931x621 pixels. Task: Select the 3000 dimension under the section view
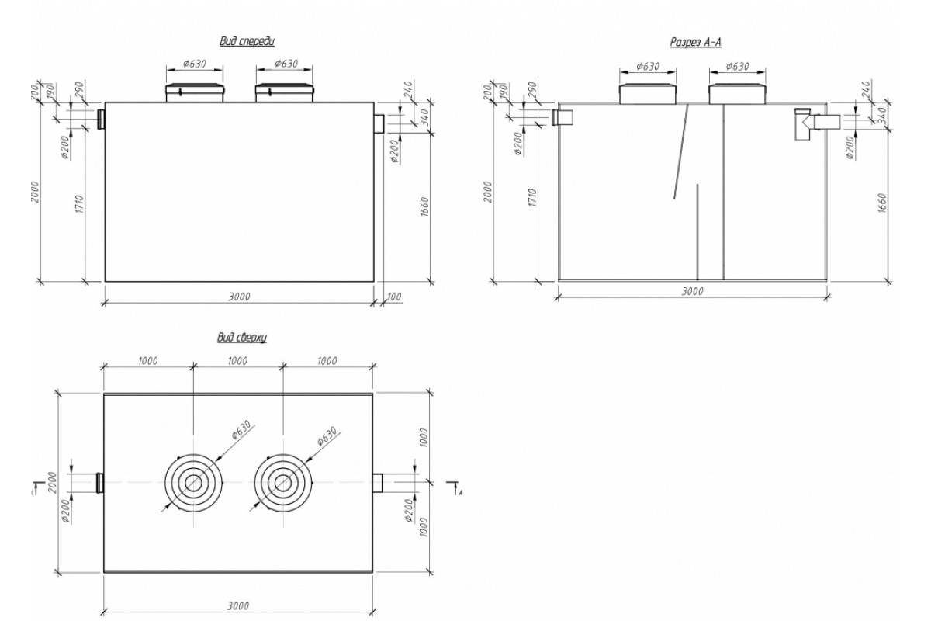tap(692, 290)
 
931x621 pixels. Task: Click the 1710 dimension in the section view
tap(531, 203)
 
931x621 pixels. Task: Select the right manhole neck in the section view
tap(737, 93)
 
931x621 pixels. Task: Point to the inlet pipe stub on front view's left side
tap(101, 119)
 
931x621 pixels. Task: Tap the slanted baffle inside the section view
tap(681, 151)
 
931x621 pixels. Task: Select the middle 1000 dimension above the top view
tap(238, 361)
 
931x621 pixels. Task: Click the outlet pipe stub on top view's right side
tap(379, 483)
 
